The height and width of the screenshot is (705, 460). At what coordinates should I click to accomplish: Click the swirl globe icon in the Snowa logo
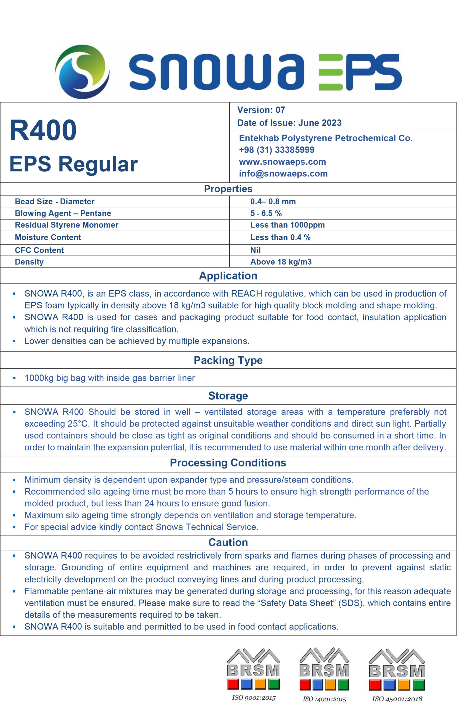82,71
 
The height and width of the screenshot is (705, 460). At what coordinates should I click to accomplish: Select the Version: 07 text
261,110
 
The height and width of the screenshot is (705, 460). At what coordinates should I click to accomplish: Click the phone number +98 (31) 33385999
276,150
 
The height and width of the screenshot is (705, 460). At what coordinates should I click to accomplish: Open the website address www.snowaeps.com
282,162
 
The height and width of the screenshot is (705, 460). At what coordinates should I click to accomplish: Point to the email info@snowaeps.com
283,173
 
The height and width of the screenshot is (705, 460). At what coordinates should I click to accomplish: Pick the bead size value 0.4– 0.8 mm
273,201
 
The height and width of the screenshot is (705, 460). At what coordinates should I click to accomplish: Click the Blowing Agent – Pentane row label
63,213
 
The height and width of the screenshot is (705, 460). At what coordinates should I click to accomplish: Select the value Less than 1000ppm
287,225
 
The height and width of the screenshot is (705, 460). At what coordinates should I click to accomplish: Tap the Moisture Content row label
48,237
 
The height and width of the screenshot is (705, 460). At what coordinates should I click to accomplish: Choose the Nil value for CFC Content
255,250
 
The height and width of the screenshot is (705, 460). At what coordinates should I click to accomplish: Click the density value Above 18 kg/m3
281,262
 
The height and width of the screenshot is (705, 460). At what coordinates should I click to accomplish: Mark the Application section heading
228,276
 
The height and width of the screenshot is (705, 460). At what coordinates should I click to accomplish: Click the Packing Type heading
228,360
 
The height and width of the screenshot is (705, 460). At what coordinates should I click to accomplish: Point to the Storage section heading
228,396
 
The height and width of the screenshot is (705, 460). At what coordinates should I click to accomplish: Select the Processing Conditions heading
228,463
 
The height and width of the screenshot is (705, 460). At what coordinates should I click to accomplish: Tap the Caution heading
228,542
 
